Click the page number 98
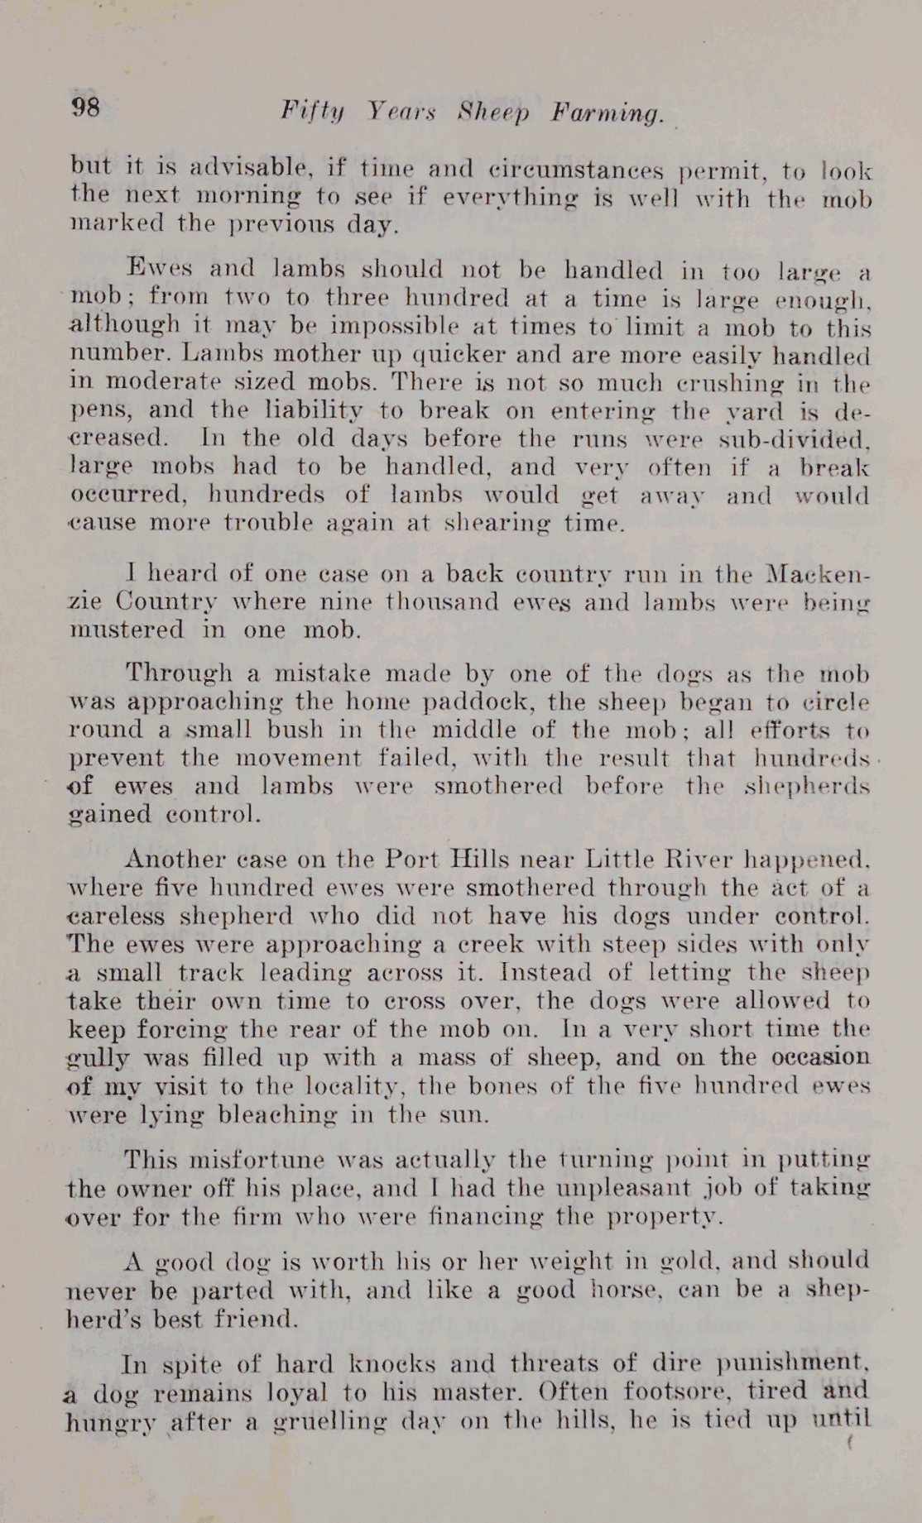click(x=86, y=107)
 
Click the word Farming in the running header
click(x=608, y=113)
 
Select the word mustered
click(x=126, y=630)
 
